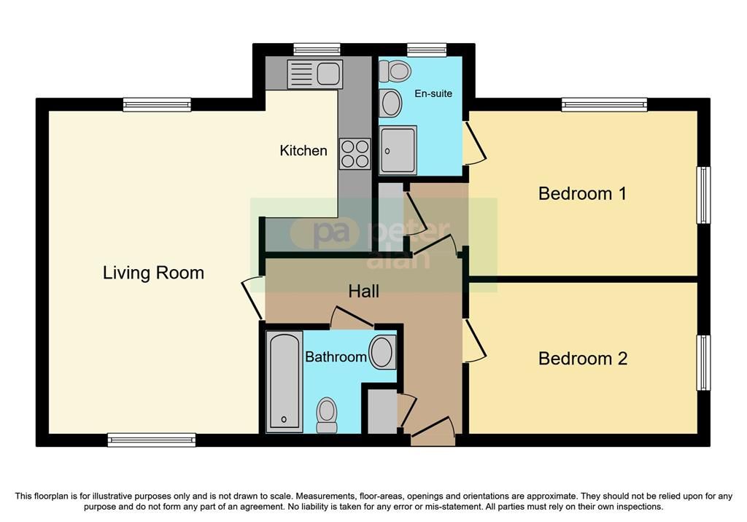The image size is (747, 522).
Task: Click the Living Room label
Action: click(x=153, y=273)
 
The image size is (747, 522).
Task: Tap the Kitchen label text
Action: click(x=303, y=150)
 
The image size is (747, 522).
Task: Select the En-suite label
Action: click(x=433, y=93)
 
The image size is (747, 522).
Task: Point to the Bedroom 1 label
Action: click(x=582, y=193)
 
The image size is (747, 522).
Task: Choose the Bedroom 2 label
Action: click(x=583, y=358)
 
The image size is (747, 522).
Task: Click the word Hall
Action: click(x=363, y=291)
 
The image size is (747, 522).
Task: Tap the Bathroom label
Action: click(x=336, y=357)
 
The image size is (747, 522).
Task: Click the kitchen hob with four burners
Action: click(x=355, y=154)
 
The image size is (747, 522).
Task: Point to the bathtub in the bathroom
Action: click(x=284, y=381)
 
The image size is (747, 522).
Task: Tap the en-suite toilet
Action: click(x=395, y=71)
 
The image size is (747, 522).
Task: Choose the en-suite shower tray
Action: click(x=398, y=150)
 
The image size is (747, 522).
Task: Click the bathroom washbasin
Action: click(x=382, y=352)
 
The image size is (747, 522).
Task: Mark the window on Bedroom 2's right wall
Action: click(x=704, y=363)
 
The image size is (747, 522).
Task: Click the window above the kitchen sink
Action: click(x=317, y=50)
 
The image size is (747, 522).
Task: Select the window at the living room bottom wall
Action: click(x=152, y=440)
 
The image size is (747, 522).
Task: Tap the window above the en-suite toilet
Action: click(x=427, y=50)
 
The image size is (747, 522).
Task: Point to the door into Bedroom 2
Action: click(x=473, y=341)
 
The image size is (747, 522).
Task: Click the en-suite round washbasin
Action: click(x=391, y=103)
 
